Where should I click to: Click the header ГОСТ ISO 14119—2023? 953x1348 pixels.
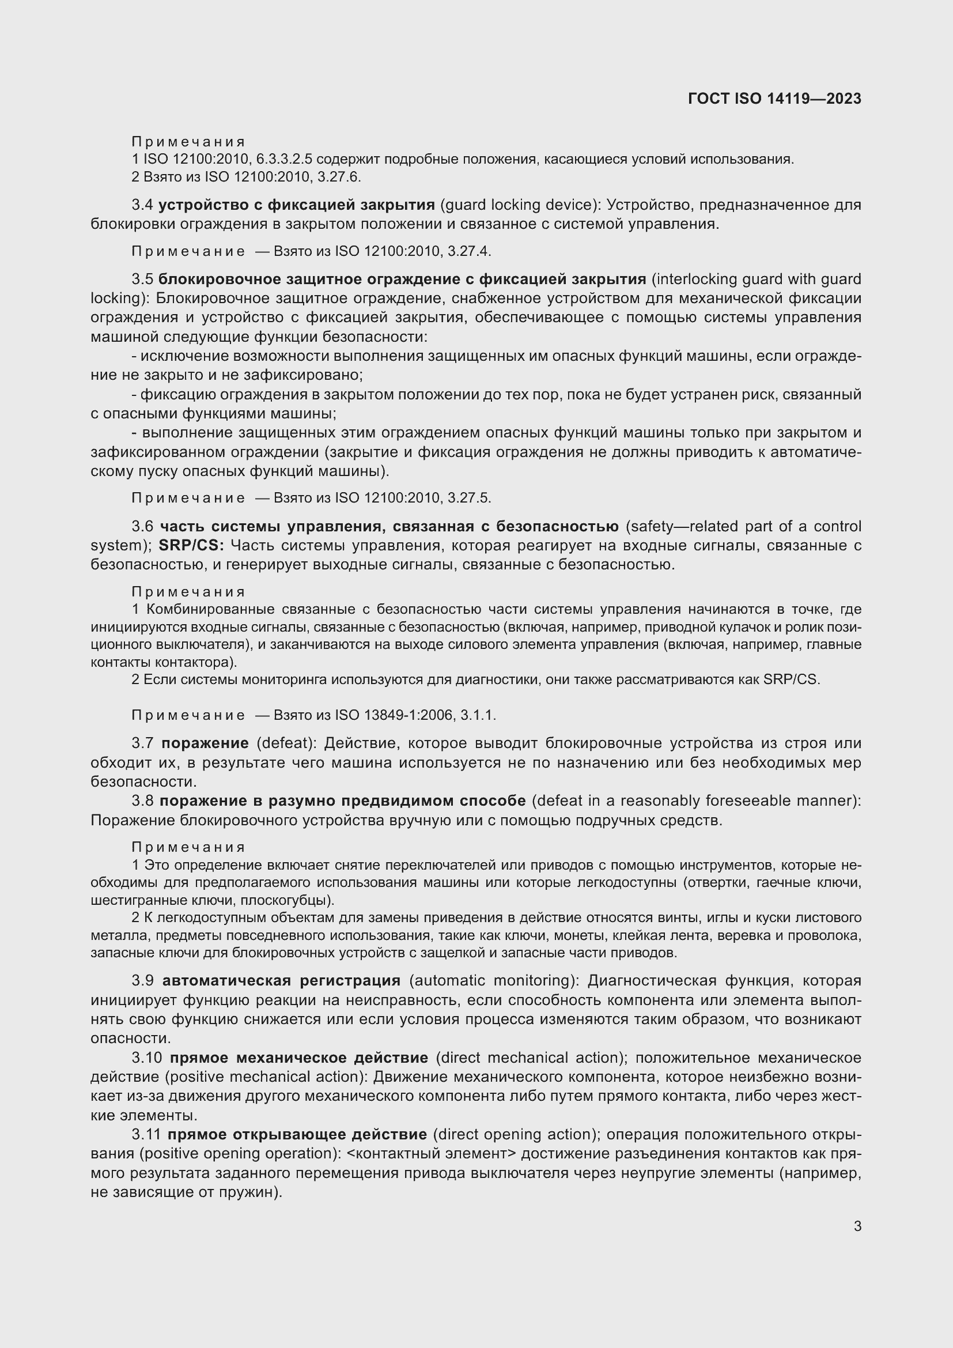774,99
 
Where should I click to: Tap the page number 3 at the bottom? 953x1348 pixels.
857,1226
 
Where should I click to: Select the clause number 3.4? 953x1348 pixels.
142,205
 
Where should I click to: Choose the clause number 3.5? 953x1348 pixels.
142,279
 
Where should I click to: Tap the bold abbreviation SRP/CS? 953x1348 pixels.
191,545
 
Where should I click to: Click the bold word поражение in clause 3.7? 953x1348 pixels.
205,743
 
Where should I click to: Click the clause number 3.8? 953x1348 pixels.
142,801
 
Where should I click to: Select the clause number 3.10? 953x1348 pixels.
146,1058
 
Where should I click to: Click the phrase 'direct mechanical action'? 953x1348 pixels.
529,1058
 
